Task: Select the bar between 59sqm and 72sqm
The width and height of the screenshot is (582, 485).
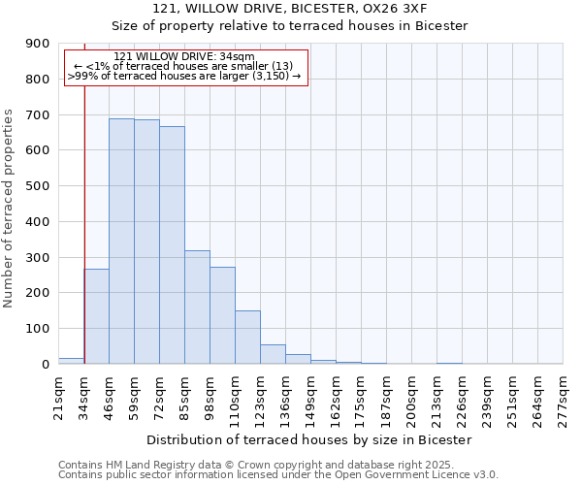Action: pyautogui.click(x=146, y=242)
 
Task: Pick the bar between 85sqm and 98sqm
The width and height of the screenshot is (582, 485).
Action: pyautogui.click(x=197, y=307)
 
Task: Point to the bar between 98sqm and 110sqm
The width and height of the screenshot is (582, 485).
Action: pyautogui.click(x=222, y=315)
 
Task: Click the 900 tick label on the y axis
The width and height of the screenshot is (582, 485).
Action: pyautogui.click(x=37, y=44)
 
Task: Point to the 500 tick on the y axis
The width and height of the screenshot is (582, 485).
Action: pyautogui.click(x=37, y=186)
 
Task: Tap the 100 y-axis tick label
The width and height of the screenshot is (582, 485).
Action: pyautogui.click(x=37, y=329)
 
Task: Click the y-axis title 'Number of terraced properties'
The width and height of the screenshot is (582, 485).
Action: pyautogui.click(x=9, y=208)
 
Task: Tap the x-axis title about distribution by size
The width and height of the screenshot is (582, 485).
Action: pyautogui.click(x=310, y=439)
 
